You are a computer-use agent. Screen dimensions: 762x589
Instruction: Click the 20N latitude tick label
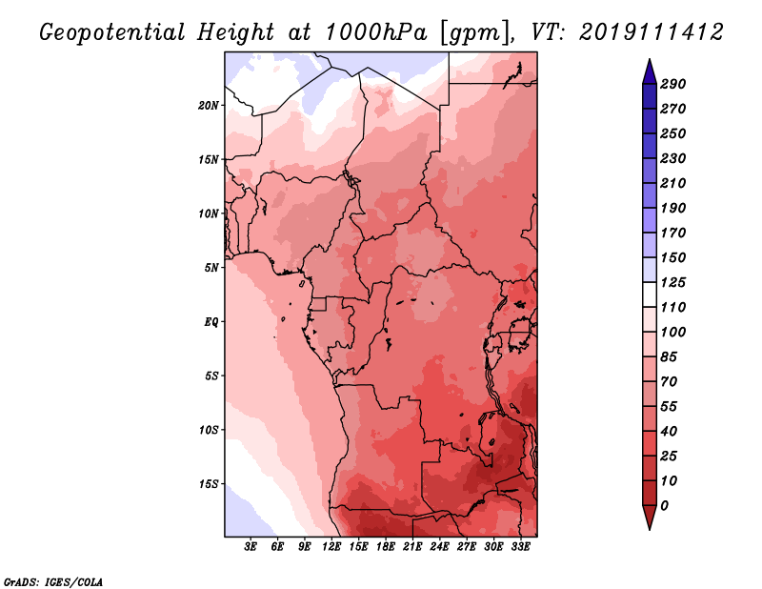(x=209, y=106)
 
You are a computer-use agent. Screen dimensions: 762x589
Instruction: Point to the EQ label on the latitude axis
(x=211, y=322)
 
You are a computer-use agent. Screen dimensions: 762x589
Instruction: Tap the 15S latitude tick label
(x=209, y=484)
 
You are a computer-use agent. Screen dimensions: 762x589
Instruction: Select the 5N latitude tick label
(x=211, y=268)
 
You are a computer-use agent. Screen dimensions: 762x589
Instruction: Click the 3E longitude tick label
(x=251, y=547)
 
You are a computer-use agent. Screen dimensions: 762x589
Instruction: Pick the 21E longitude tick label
(x=412, y=547)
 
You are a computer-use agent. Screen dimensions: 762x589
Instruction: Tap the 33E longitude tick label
(x=520, y=547)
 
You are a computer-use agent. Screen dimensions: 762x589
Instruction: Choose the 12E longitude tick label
(x=331, y=547)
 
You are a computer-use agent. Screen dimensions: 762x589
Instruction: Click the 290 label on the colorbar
(x=673, y=84)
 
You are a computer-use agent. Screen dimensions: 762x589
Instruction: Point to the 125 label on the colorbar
(x=673, y=282)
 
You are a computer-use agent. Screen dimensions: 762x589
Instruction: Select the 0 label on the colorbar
(x=664, y=506)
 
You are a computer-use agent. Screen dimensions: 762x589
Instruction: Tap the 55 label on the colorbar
(x=669, y=407)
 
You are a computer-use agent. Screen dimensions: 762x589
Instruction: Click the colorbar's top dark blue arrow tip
(x=650, y=59)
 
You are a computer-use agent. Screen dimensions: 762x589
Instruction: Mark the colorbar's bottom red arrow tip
(x=650, y=529)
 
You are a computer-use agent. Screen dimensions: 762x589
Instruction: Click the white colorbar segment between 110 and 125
(x=650, y=294)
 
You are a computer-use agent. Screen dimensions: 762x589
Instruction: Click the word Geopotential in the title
(x=112, y=33)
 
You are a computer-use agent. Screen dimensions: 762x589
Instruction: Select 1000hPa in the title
(x=376, y=32)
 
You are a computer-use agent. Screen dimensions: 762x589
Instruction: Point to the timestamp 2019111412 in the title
(x=652, y=32)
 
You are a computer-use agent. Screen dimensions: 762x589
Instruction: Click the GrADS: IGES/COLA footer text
(x=53, y=582)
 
